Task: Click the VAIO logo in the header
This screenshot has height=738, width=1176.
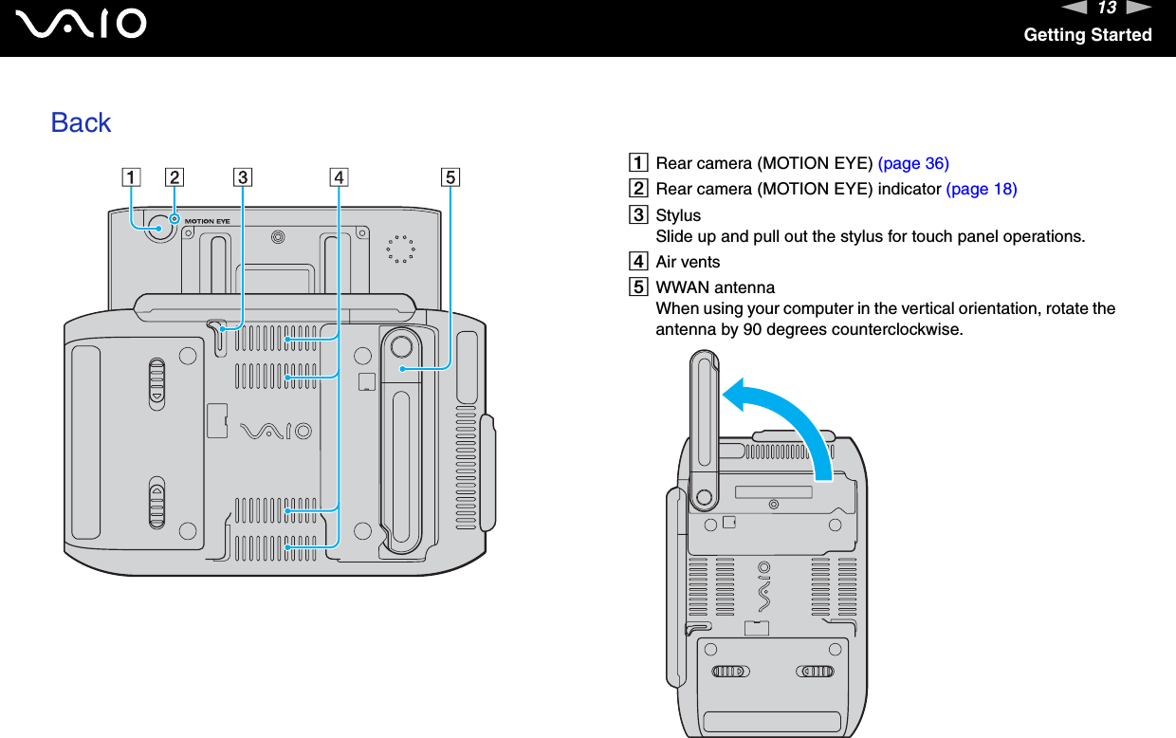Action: coord(86,24)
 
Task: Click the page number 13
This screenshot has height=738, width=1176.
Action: coord(1105,9)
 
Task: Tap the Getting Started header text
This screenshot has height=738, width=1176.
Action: coord(1087,35)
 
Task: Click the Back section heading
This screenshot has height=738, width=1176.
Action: coord(81,122)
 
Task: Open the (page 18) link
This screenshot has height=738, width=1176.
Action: coord(982,189)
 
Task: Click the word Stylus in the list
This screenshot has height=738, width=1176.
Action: coord(678,215)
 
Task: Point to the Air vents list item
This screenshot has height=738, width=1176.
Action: coord(688,262)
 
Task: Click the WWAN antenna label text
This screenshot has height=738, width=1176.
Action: coord(715,287)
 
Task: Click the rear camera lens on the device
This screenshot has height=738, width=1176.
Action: coord(157,229)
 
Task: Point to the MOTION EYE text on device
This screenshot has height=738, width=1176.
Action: coord(207,221)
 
